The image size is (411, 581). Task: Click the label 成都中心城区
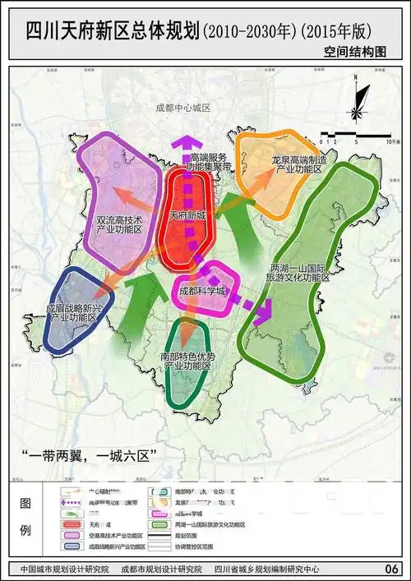coord(183,108)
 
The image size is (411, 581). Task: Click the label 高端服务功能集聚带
coord(209,162)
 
